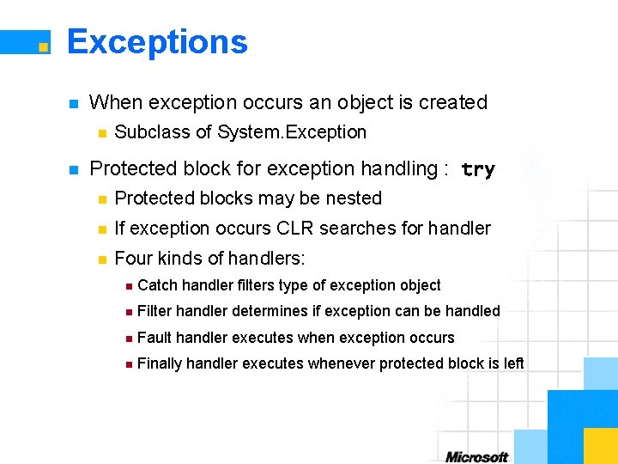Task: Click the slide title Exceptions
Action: (x=157, y=41)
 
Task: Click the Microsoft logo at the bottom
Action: (x=476, y=456)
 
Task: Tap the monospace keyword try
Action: (x=478, y=170)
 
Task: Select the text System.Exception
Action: (x=292, y=132)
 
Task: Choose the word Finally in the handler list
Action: (x=159, y=363)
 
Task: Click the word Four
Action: (x=134, y=258)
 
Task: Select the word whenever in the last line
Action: (x=342, y=363)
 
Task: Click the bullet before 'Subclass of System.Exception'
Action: (x=101, y=133)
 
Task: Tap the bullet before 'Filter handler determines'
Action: (x=127, y=312)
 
